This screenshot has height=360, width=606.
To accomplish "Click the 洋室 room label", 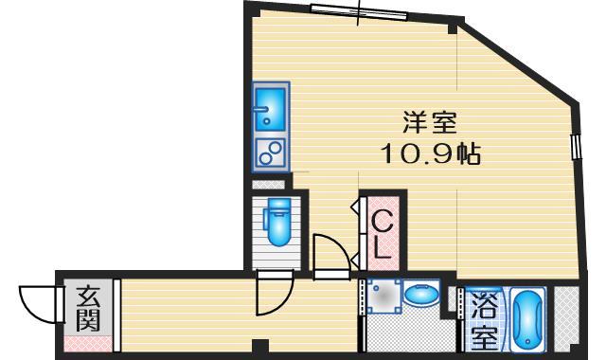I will pos(431,124).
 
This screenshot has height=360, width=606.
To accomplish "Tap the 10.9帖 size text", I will pos(431,153).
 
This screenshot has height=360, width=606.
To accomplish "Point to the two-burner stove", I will pos(271,152).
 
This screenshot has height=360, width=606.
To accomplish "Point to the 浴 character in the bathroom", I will pos(484,307).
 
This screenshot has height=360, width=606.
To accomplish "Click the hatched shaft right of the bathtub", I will pos(566,317).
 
